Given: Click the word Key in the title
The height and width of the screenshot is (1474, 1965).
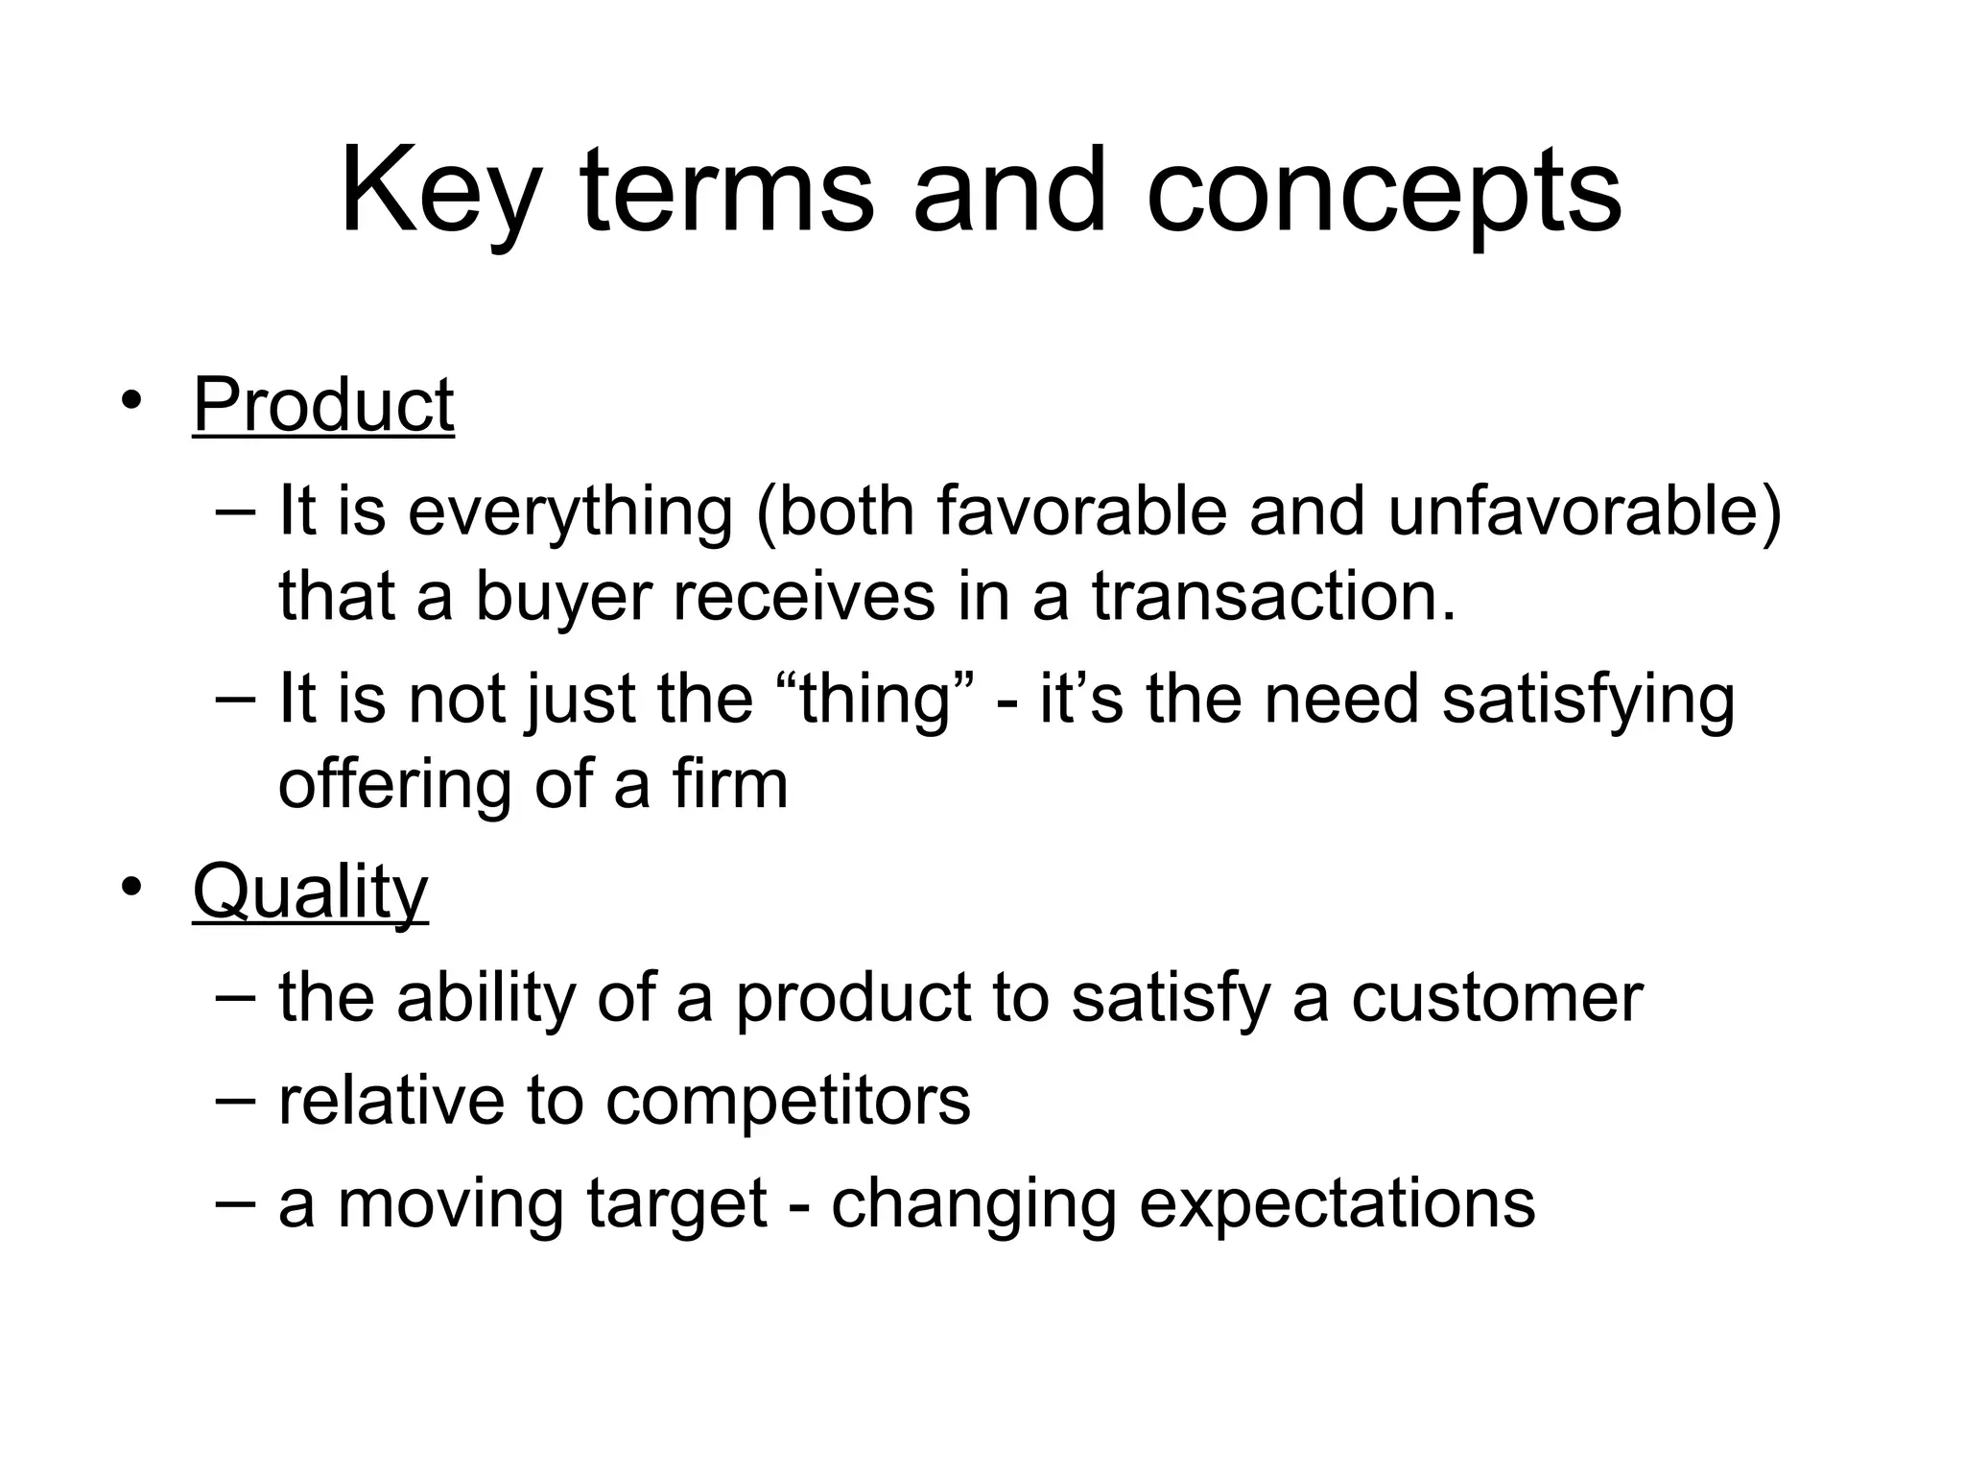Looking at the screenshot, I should (438, 192).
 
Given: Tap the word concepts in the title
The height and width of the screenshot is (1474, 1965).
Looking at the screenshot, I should (1383, 192).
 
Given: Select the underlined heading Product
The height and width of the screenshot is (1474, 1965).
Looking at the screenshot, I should (323, 405).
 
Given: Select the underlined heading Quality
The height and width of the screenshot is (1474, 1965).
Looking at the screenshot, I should (310, 892).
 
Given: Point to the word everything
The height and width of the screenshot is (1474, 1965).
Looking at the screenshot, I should (570, 511).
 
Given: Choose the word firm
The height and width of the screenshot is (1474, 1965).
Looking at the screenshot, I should (729, 785).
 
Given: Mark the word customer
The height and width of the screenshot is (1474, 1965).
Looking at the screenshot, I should (1497, 998).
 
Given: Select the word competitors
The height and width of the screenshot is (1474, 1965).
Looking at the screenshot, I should (788, 1101).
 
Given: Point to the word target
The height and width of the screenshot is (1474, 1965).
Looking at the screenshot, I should (676, 1203).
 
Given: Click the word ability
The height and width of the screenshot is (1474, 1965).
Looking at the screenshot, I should (485, 998).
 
